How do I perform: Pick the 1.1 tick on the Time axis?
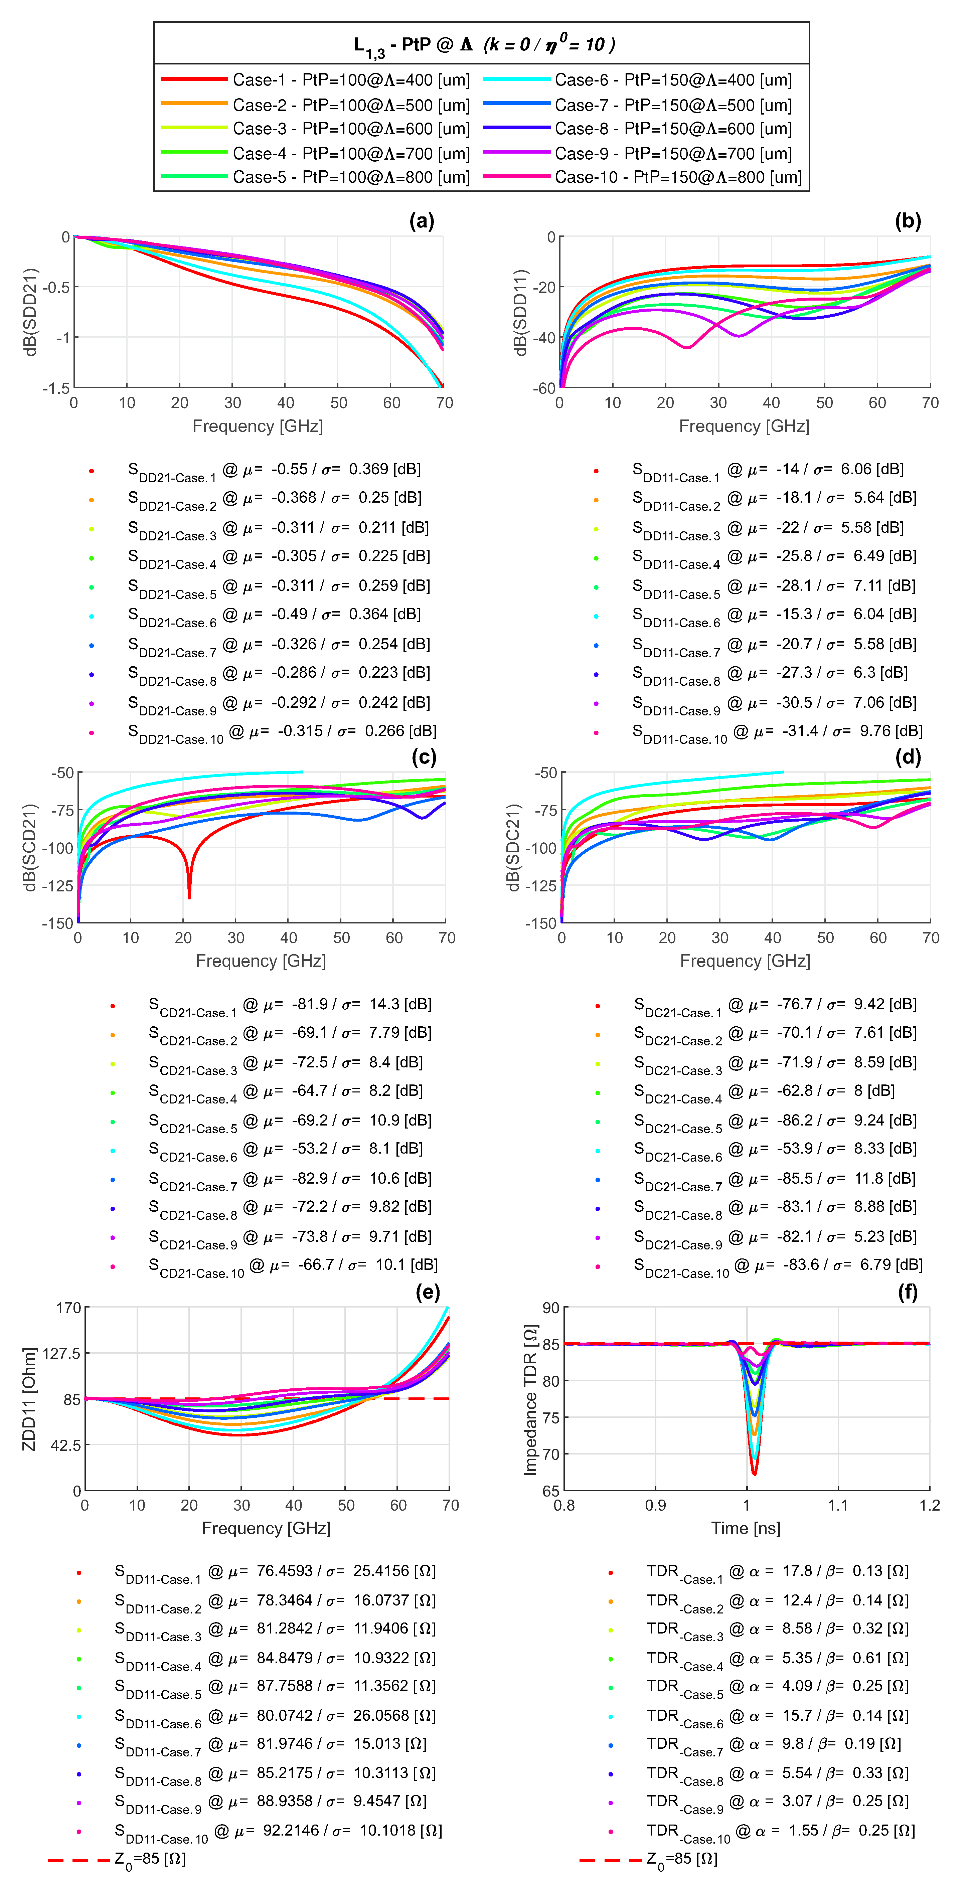tap(838, 1505)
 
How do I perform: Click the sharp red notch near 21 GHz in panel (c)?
tap(189, 896)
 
